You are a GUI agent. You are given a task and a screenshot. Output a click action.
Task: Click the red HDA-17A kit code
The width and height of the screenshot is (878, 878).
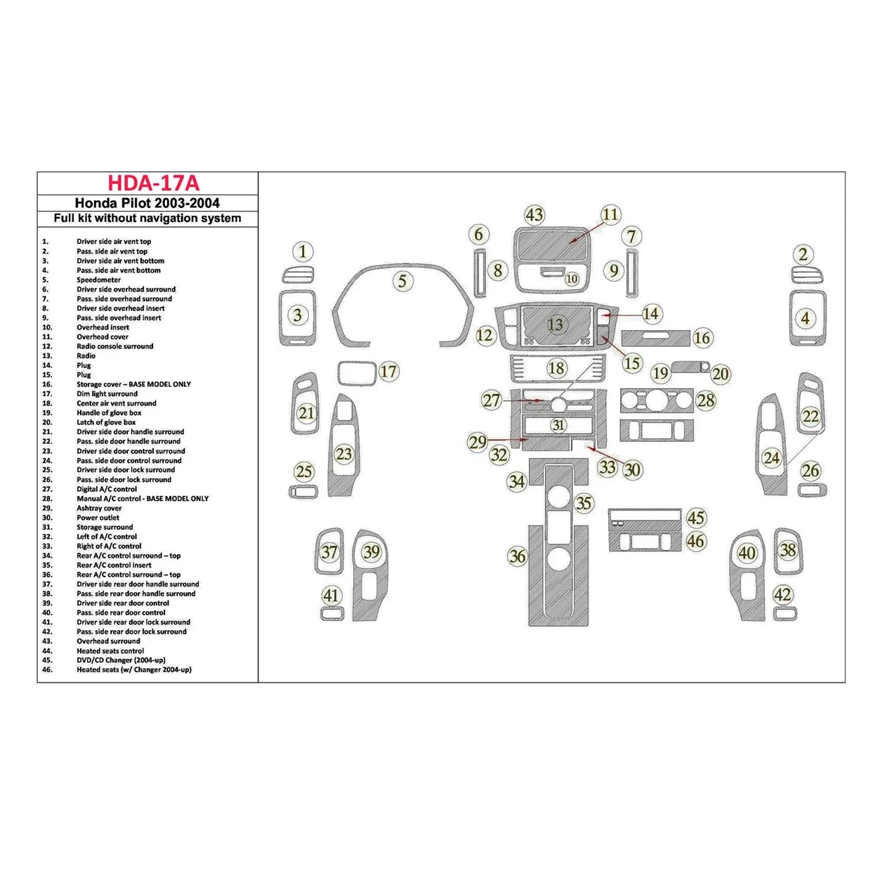click(153, 183)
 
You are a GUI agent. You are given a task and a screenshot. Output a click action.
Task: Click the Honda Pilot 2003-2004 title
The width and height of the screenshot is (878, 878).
click(148, 203)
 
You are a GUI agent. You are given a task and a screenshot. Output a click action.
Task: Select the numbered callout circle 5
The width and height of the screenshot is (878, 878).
click(402, 281)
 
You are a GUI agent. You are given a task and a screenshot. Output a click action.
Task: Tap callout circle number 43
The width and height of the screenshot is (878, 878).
click(535, 215)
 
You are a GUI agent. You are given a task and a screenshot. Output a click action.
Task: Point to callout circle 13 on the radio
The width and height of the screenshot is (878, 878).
click(556, 324)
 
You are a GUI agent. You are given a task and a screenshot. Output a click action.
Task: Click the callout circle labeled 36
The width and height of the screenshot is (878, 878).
click(518, 556)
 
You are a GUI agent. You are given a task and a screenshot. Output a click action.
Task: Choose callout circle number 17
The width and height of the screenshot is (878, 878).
click(389, 372)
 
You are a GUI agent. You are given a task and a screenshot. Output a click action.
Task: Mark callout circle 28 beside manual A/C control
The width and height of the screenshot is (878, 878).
click(706, 400)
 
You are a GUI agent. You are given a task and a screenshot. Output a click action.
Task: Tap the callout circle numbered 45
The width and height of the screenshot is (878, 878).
click(696, 518)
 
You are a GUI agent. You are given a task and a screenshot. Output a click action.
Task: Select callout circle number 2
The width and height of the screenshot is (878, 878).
click(804, 254)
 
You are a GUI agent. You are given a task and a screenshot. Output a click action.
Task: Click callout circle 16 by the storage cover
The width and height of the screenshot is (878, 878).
click(702, 338)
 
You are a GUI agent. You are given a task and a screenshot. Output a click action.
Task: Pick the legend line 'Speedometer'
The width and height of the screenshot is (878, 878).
click(99, 280)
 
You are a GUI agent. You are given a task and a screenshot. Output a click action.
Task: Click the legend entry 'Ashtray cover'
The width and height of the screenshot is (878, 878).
click(99, 508)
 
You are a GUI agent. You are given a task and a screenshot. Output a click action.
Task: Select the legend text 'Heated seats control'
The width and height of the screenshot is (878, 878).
click(110, 650)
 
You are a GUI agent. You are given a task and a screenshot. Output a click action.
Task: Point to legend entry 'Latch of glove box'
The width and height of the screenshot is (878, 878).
click(106, 422)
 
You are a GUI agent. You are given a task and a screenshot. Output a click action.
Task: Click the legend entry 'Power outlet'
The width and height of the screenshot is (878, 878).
click(98, 518)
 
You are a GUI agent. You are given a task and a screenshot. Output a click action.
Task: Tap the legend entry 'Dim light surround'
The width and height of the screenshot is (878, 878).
click(107, 394)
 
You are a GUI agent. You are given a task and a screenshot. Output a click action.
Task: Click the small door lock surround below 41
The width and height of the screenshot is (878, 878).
click(332, 614)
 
